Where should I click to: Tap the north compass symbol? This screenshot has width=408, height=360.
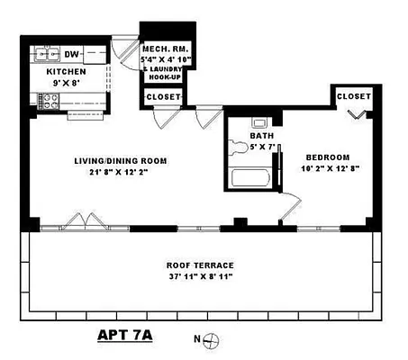click(x=213, y=340)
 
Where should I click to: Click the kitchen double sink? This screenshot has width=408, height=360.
click(x=46, y=52)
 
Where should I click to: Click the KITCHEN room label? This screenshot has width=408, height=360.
click(x=66, y=71)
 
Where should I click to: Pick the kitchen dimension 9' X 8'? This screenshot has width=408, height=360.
click(x=67, y=83)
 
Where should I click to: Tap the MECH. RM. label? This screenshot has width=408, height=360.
click(x=163, y=49)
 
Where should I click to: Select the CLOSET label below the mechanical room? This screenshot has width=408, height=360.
click(x=163, y=97)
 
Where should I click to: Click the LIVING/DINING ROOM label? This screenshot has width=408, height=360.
click(x=121, y=161)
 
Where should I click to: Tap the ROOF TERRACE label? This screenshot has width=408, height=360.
click(x=200, y=265)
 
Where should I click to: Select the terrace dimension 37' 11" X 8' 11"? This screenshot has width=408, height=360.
click(x=200, y=277)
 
